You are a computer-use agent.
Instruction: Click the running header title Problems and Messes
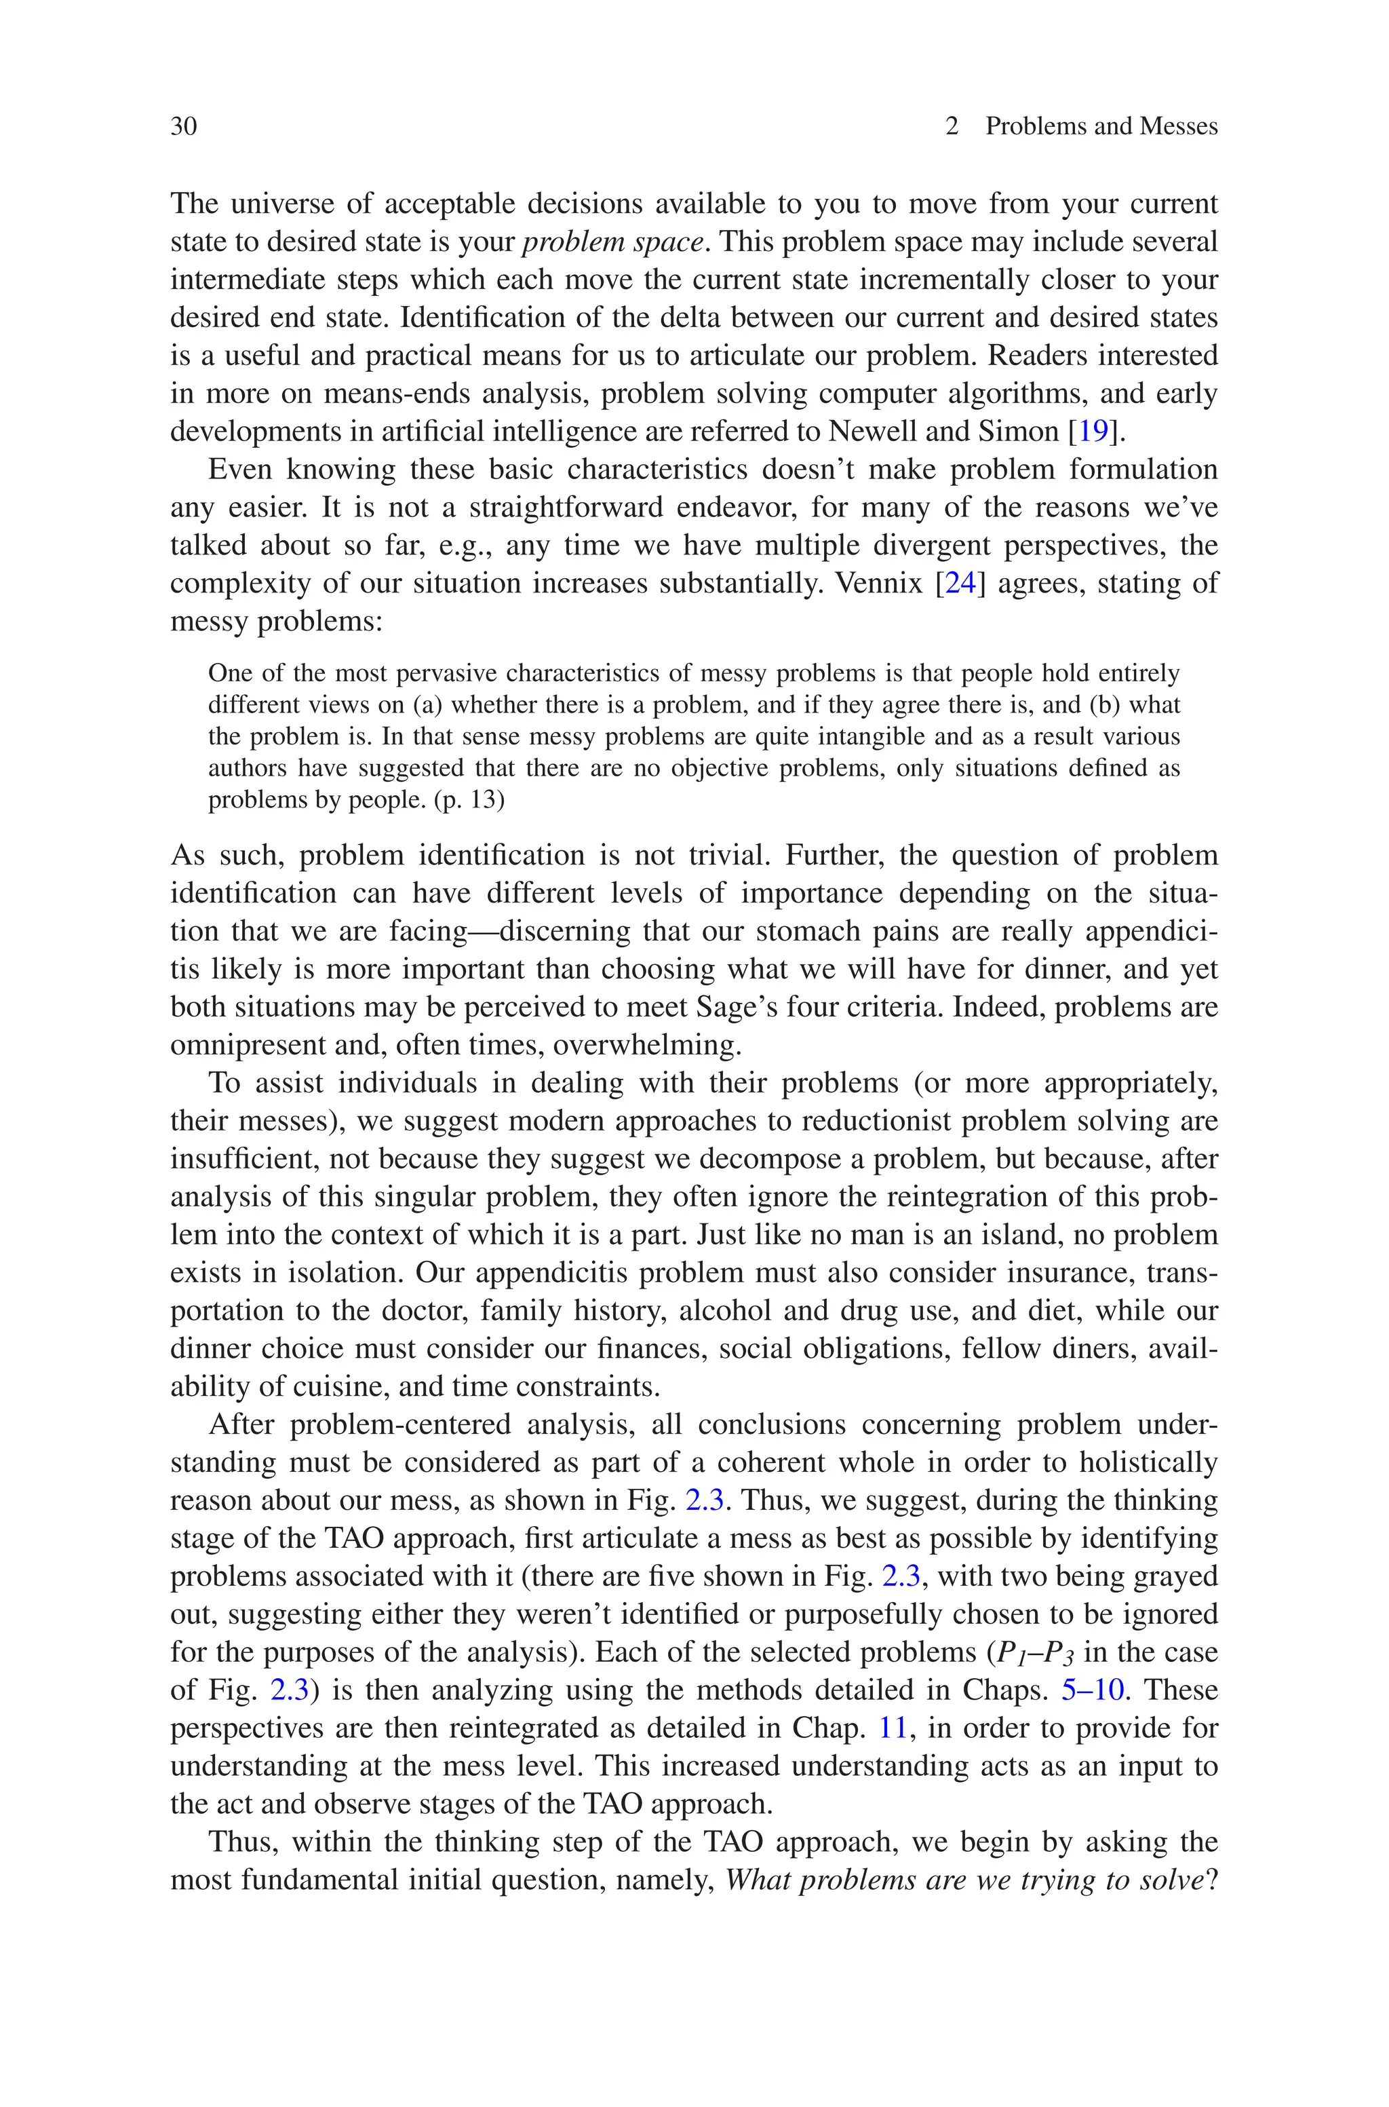[x=1101, y=127]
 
